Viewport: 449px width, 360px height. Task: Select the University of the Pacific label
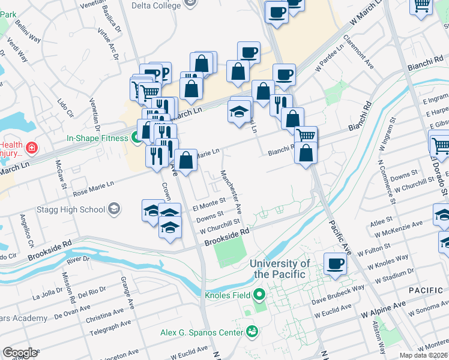point(280,269)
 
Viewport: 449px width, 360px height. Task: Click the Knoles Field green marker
point(259,295)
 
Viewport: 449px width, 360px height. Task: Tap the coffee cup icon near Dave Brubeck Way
point(335,263)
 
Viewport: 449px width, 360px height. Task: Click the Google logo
point(20,353)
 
